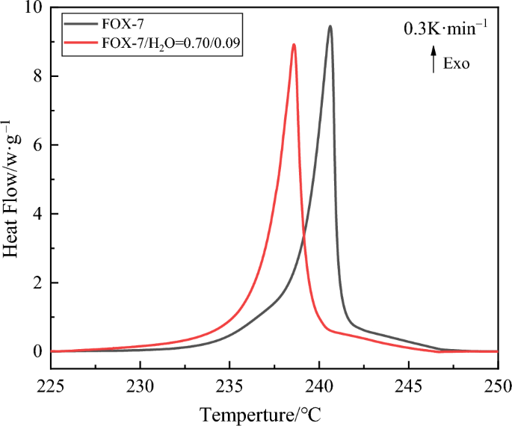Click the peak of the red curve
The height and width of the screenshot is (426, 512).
tap(294, 44)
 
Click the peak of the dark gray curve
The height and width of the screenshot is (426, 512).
tap(330, 26)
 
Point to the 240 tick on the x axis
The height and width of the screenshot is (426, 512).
tap(319, 386)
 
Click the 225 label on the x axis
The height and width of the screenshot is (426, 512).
tap(51, 386)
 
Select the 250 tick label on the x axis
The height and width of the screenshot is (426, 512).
tap(497, 386)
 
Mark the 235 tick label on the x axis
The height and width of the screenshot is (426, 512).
tap(229, 386)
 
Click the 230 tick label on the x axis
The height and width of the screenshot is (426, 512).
tap(141, 386)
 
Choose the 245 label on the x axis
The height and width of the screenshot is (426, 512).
tap(408, 386)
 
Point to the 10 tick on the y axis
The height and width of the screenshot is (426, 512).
tap(35, 8)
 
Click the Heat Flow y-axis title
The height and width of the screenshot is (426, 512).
tap(10, 187)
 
